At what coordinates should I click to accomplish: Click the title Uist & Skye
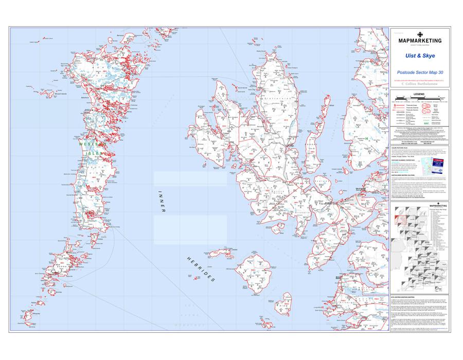[x=420, y=56]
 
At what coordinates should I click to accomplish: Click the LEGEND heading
[x=420, y=95]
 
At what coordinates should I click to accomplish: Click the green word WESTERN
[x=86, y=145]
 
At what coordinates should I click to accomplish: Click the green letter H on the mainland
[x=366, y=138]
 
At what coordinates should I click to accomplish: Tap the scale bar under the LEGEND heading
[x=406, y=101]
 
